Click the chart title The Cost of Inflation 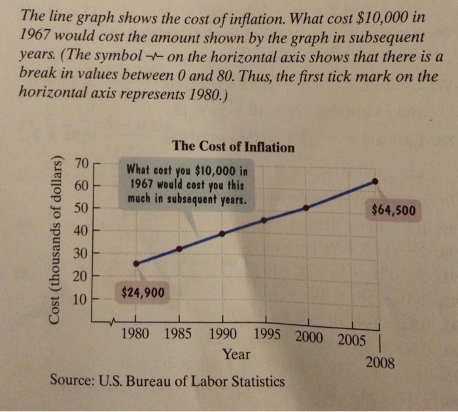point(233,147)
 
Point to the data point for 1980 point(136,264)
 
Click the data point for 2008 point(374,180)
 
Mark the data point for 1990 point(222,233)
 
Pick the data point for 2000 point(306,207)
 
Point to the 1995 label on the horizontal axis point(267,334)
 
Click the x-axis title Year point(236,355)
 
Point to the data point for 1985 point(179,249)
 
